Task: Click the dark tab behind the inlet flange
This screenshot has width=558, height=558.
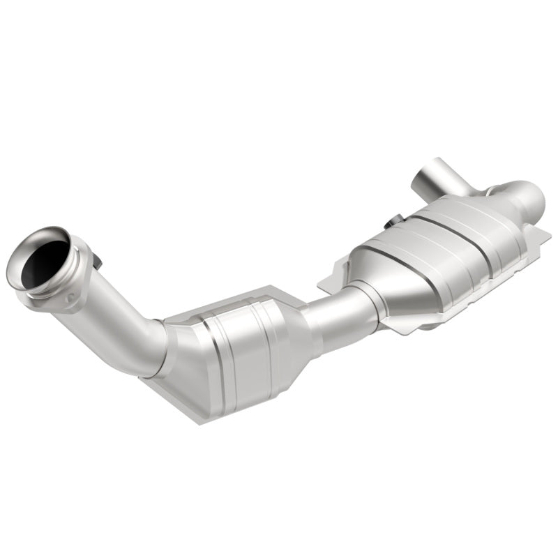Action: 97,261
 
